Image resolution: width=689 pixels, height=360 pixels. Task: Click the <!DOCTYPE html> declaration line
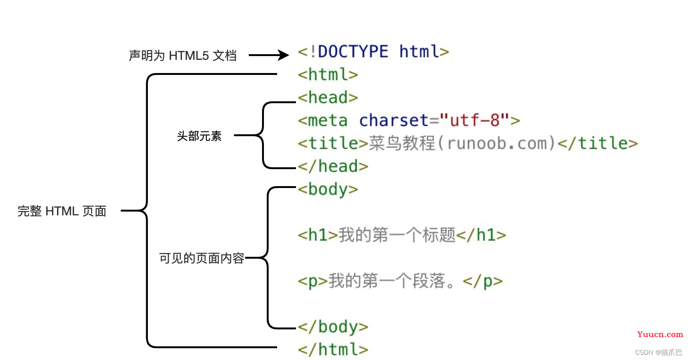pos(373,51)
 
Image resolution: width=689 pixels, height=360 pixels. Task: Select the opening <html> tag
pos(328,74)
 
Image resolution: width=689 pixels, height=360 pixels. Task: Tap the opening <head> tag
pos(328,97)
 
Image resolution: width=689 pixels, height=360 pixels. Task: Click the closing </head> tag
pos(333,166)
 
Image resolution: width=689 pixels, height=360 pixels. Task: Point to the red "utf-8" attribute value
pos(475,120)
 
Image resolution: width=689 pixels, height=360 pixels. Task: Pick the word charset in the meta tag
pos(394,120)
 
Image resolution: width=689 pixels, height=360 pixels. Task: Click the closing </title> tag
pos(598,143)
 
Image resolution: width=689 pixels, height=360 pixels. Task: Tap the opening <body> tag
pos(328,189)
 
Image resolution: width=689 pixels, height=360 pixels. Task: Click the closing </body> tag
pos(333,327)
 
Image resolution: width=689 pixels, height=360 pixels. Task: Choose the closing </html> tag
pos(333,350)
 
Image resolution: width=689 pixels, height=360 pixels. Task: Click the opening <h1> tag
pos(318,235)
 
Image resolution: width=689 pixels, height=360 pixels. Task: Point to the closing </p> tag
pos(483,281)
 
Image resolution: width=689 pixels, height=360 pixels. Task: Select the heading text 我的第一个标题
pos(397,235)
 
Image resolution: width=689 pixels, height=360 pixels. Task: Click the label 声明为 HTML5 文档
pos(183,56)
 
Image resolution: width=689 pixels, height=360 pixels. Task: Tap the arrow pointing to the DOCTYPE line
pos(269,55)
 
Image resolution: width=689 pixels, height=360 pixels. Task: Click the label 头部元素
pos(199,136)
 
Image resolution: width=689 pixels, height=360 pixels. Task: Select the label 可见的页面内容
pos(202,258)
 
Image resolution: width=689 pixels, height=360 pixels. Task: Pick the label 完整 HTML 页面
pos(62,211)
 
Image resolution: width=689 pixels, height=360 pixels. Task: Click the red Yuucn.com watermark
pos(660,334)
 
